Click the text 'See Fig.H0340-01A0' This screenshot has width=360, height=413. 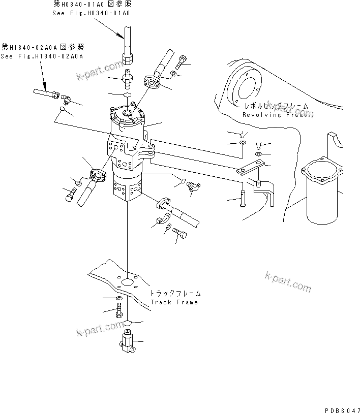pyautogui.click(x=91, y=13)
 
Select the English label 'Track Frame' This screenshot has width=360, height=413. pyautogui.click(x=174, y=302)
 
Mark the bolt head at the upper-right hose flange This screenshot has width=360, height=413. pyautogui.click(x=183, y=63)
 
